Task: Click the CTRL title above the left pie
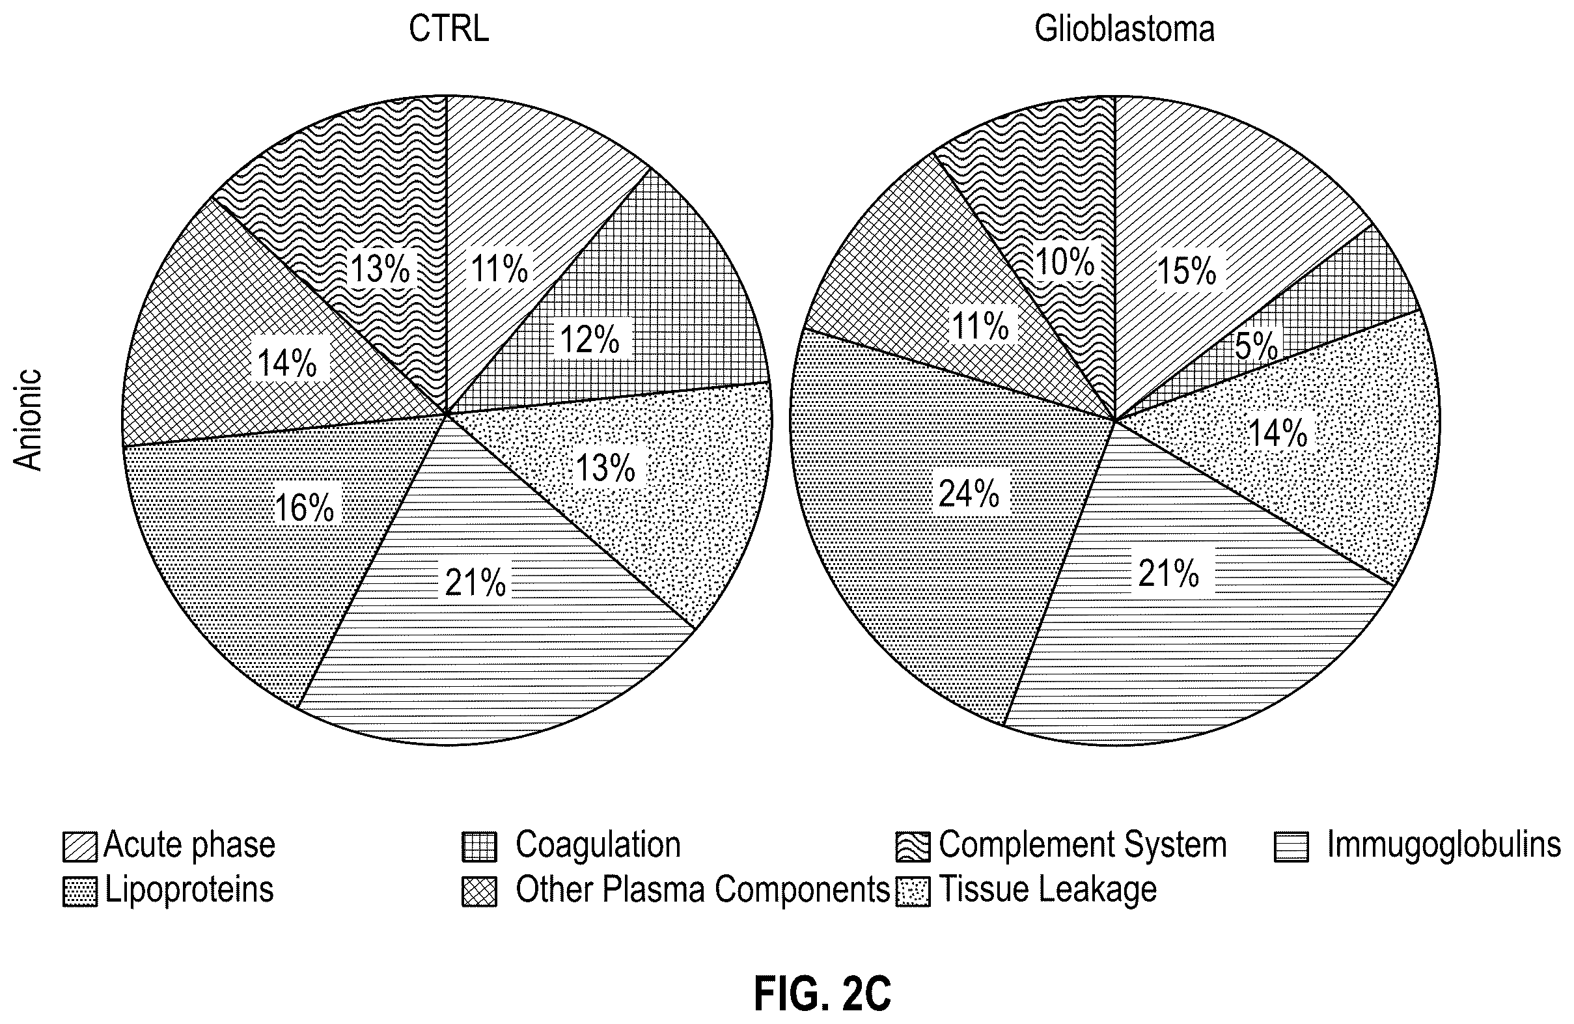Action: [x=449, y=29]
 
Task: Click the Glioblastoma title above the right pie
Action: [x=1124, y=29]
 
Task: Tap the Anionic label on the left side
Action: [x=29, y=420]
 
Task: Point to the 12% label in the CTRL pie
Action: [x=589, y=340]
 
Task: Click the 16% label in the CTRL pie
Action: [x=304, y=508]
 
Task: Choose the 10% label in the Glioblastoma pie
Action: [x=1065, y=262]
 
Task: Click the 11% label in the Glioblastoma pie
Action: [x=980, y=326]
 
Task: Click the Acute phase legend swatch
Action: [x=80, y=847]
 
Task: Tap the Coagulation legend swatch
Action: [x=480, y=847]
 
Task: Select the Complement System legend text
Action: [x=1083, y=845]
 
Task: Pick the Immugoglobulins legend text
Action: [x=1444, y=845]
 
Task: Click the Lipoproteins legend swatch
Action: [x=80, y=891]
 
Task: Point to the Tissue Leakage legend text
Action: [x=1047, y=889]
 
